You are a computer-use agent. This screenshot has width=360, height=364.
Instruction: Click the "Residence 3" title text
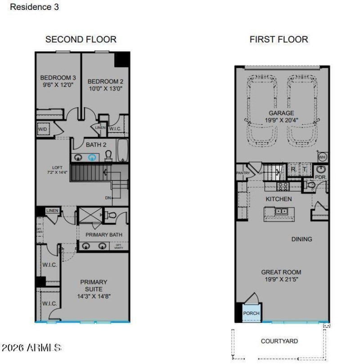click(34, 7)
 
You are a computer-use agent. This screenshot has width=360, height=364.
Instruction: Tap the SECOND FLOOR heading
click(81, 40)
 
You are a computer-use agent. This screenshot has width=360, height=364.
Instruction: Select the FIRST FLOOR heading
click(279, 40)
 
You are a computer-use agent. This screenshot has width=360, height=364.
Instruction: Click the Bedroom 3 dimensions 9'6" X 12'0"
click(58, 84)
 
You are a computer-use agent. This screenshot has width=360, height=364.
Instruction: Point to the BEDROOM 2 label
click(105, 81)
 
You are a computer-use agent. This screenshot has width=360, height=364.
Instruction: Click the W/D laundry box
click(43, 129)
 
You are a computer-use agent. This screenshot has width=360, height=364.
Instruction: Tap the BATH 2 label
click(96, 144)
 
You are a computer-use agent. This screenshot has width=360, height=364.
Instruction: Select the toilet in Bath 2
click(108, 156)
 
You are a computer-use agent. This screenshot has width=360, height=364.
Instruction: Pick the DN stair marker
click(108, 198)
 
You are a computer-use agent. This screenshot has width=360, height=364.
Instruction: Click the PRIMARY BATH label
click(104, 234)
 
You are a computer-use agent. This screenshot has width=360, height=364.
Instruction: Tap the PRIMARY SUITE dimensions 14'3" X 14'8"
click(94, 296)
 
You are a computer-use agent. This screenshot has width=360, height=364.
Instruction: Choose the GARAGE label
click(281, 113)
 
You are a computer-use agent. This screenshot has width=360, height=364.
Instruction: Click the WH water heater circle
click(322, 157)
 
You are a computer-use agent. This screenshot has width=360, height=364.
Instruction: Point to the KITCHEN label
click(279, 199)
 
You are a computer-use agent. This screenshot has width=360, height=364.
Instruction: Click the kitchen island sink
click(282, 211)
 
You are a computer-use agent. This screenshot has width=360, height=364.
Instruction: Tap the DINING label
click(301, 239)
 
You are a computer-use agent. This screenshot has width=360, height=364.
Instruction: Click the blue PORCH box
click(251, 313)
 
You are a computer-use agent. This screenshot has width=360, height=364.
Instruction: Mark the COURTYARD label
click(279, 341)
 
